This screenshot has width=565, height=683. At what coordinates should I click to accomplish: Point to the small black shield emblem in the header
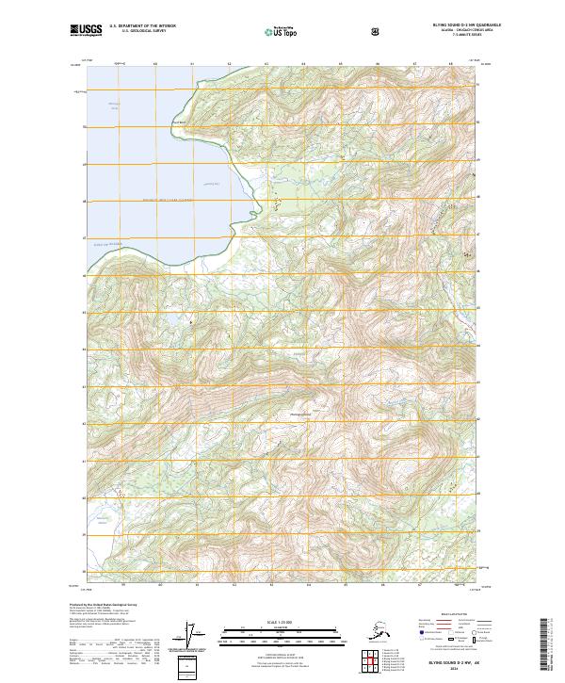(x=377, y=31)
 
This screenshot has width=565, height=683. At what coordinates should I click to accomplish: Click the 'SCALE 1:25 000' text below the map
(x=280, y=622)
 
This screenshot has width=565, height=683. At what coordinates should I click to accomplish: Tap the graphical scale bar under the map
(x=280, y=632)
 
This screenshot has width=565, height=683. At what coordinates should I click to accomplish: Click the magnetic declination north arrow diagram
(x=198, y=635)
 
